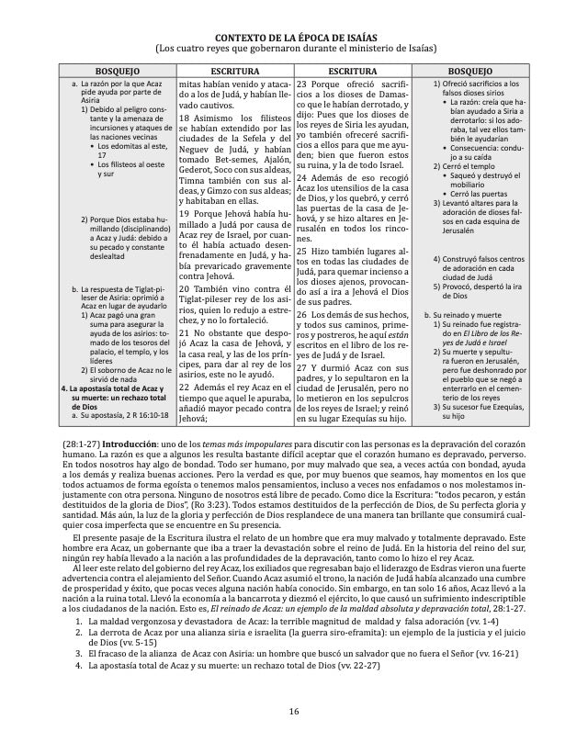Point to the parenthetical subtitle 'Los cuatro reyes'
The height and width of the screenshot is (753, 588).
(x=293, y=48)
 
